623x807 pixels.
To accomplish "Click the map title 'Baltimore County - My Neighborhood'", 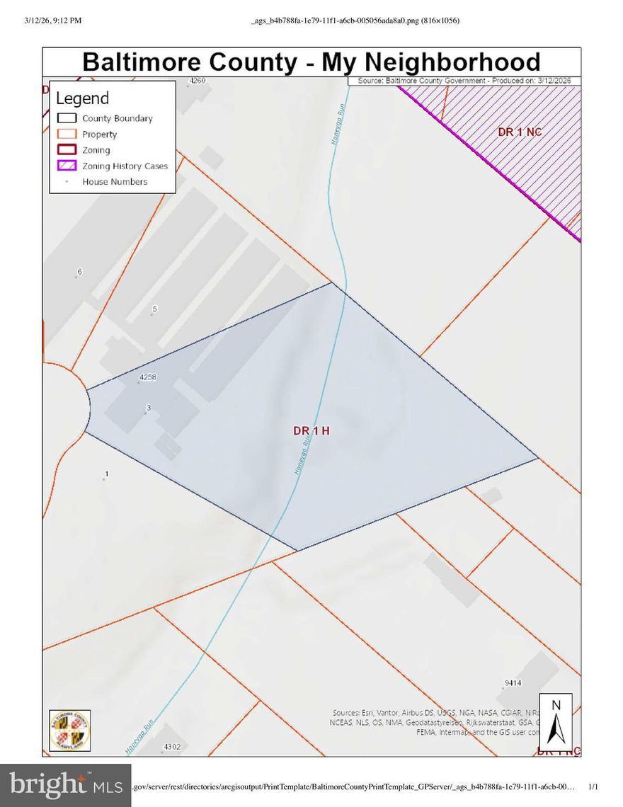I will tap(311, 62).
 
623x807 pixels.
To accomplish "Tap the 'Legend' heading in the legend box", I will tap(83, 98).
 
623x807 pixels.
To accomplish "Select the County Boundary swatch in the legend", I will tap(67, 118).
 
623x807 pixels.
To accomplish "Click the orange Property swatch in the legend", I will tap(67, 134).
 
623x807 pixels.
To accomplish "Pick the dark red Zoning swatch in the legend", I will tap(67, 150).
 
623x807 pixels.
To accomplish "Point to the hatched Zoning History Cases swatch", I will tap(67, 166).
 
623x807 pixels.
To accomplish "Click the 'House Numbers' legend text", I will tap(115, 182).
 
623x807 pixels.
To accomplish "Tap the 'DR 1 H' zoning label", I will tap(311, 430).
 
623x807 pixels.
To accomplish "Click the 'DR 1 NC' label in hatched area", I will tap(520, 132).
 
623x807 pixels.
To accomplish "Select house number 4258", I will tap(147, 377).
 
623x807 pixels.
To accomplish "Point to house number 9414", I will tap(513, 683).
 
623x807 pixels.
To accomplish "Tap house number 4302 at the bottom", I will tap(172, 746).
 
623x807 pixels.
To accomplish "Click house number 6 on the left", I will tap(79, 272).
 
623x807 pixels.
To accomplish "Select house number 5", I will tap(154, 309).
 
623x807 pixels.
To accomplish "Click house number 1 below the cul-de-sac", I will tap(106, 474).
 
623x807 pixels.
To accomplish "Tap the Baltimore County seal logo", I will tap(69, 730).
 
